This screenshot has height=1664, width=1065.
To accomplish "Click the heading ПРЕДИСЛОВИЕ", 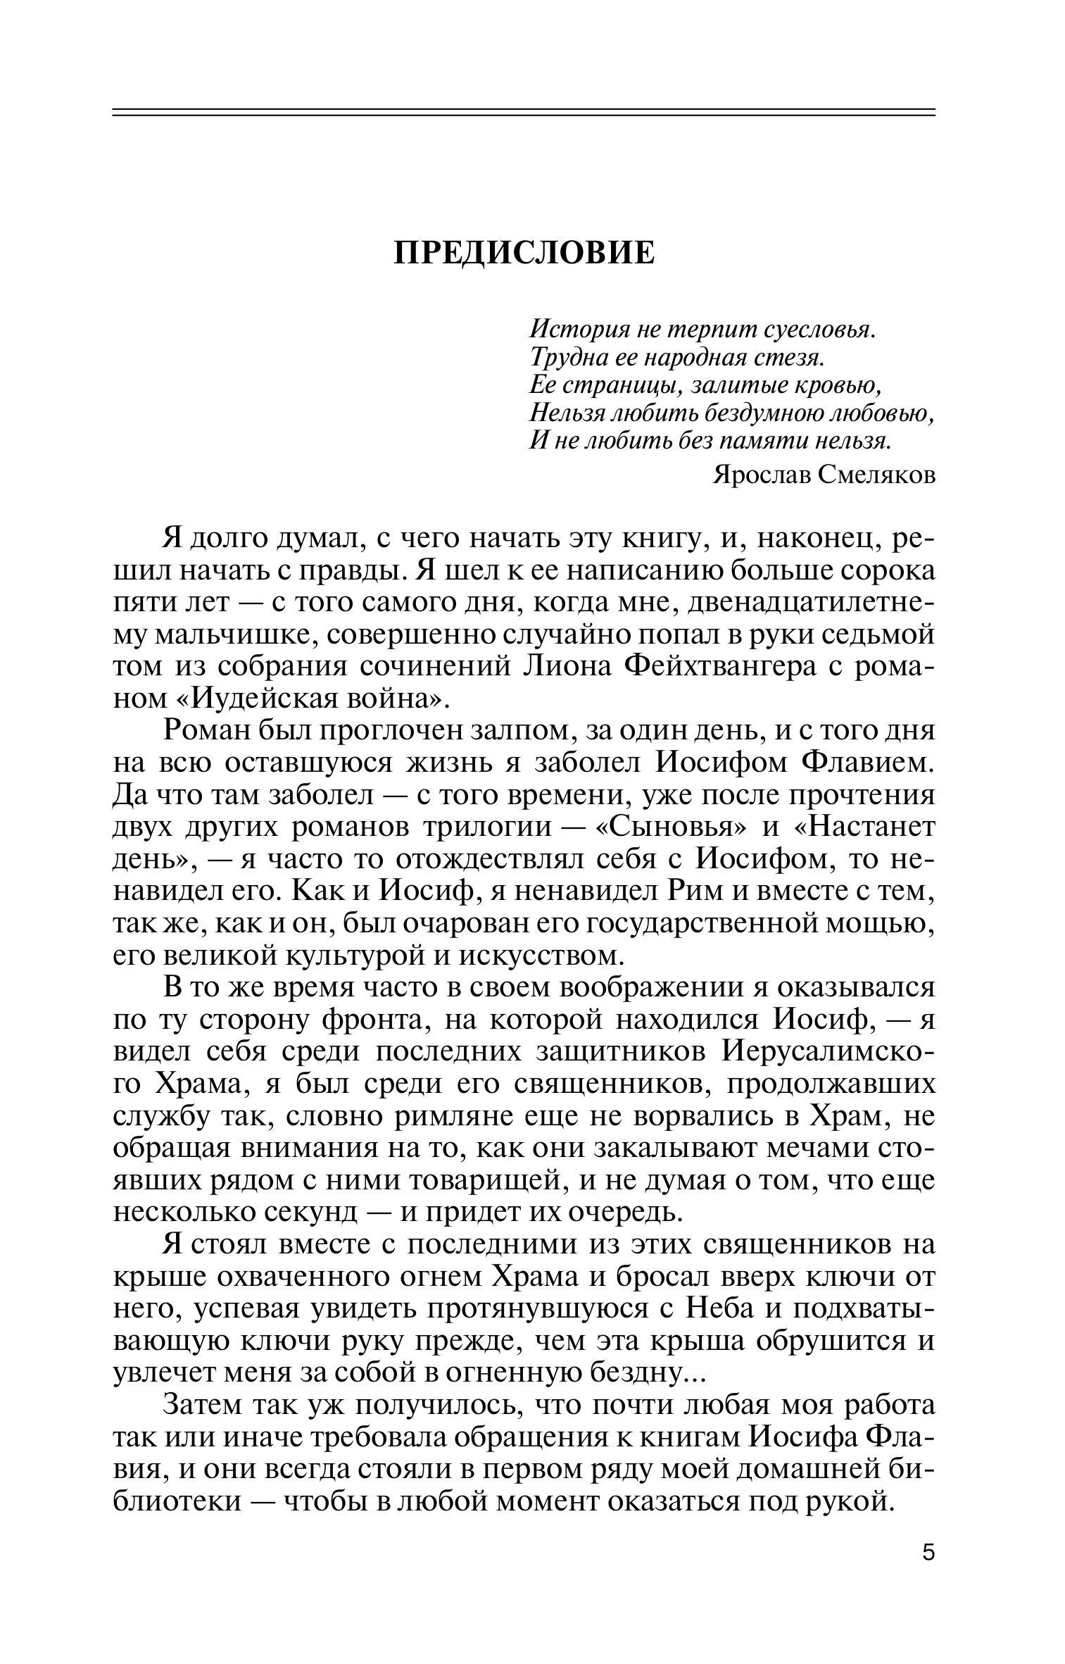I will pyautogui.click(x=524, y=253).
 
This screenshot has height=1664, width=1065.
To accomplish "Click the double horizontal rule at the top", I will pyautogui.click(x=524, y=112).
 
